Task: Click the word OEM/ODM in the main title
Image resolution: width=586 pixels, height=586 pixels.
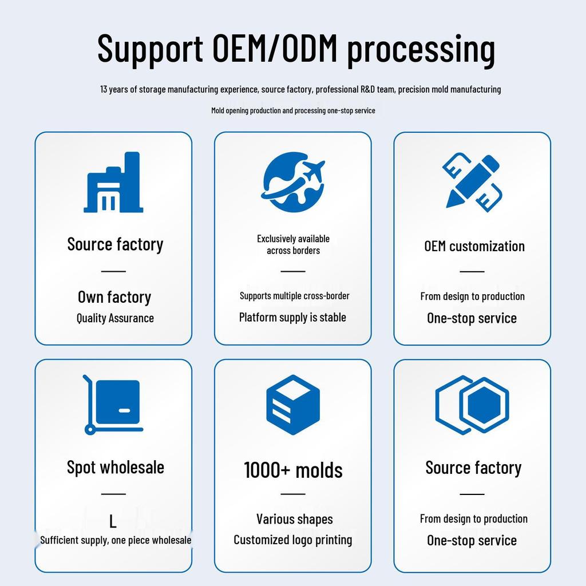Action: coord(275,48)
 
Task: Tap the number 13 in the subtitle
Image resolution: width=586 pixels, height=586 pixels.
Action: coord(104,89)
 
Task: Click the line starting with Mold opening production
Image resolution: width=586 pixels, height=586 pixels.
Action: coord(293,110)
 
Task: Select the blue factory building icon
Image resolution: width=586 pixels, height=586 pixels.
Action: coord(113,182)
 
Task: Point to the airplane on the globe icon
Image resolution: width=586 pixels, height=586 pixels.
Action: coord(313,171)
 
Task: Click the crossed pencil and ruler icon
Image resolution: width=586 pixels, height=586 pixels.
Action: coord(472,182)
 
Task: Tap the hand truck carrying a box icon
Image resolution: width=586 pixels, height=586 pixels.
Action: coord(113,405)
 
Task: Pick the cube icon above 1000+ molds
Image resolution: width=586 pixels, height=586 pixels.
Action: coord(293,405)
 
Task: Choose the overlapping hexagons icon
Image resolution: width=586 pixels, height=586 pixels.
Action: coord(472,405)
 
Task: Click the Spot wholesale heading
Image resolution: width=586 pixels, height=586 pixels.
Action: coord(116,468)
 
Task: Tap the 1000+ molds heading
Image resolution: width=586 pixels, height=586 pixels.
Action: coord(293,470)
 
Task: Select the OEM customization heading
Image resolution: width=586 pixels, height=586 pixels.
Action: coord(474,246)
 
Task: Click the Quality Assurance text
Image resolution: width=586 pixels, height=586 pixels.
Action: coord(115,318)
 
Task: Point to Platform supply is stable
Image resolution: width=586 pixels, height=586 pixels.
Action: coord(292,317)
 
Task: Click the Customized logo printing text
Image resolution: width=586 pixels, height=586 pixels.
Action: coord(293,540)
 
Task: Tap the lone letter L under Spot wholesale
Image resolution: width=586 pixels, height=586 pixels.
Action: coord(113,521)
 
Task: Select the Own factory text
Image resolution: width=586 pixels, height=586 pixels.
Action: coord(114,298)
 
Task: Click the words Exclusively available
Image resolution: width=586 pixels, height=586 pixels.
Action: coord(294,239)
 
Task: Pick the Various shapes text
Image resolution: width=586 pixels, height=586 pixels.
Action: coord(295,519)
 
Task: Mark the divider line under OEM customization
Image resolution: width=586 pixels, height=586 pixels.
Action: coord(472,271)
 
